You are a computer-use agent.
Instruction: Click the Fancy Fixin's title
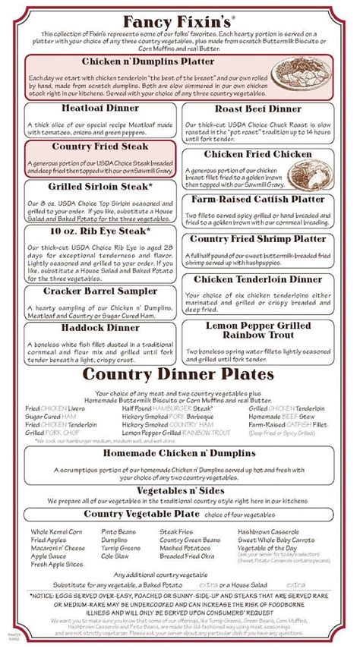pyautogui.click(x=180, y=18)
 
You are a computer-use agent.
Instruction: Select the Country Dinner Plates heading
pyautogui.click(x=179, y=375)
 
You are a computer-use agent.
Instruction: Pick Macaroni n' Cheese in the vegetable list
pyautogui.click(x=58, y=548)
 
